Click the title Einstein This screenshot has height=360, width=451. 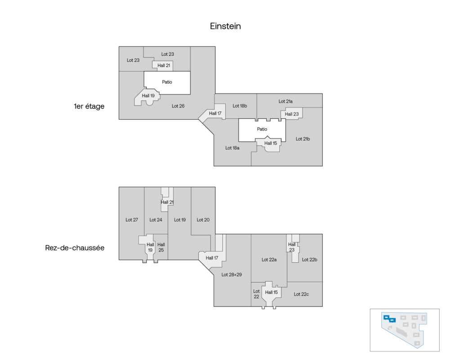tap(225, 26)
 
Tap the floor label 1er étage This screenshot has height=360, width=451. tap(89, 107)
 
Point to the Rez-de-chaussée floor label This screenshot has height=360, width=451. tap(75, 247)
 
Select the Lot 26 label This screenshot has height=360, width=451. tap(178, 106)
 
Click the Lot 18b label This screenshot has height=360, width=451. tap(240, 106)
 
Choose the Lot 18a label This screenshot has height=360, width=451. tap(232, 148)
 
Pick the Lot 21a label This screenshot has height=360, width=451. tap(286, 101)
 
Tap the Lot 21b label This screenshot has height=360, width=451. tap(303, 139)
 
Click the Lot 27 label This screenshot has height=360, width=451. tap(132, 220)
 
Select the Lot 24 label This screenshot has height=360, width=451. tap(156, 220)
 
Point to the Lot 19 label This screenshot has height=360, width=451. tap(180, 220)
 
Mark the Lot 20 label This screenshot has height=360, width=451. tap(203, 220)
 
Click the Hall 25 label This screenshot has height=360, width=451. tap(161, 247)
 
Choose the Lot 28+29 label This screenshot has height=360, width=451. tap(232, 274)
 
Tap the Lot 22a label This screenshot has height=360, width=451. tap(269, 259)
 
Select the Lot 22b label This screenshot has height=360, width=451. tap(309, 259)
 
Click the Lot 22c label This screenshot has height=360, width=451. tap(301, 294)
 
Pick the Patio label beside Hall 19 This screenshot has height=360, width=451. tap(167, 82)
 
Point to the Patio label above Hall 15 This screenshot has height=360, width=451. tap(262, 129)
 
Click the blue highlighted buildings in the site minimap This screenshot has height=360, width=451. tap(389, 319)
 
